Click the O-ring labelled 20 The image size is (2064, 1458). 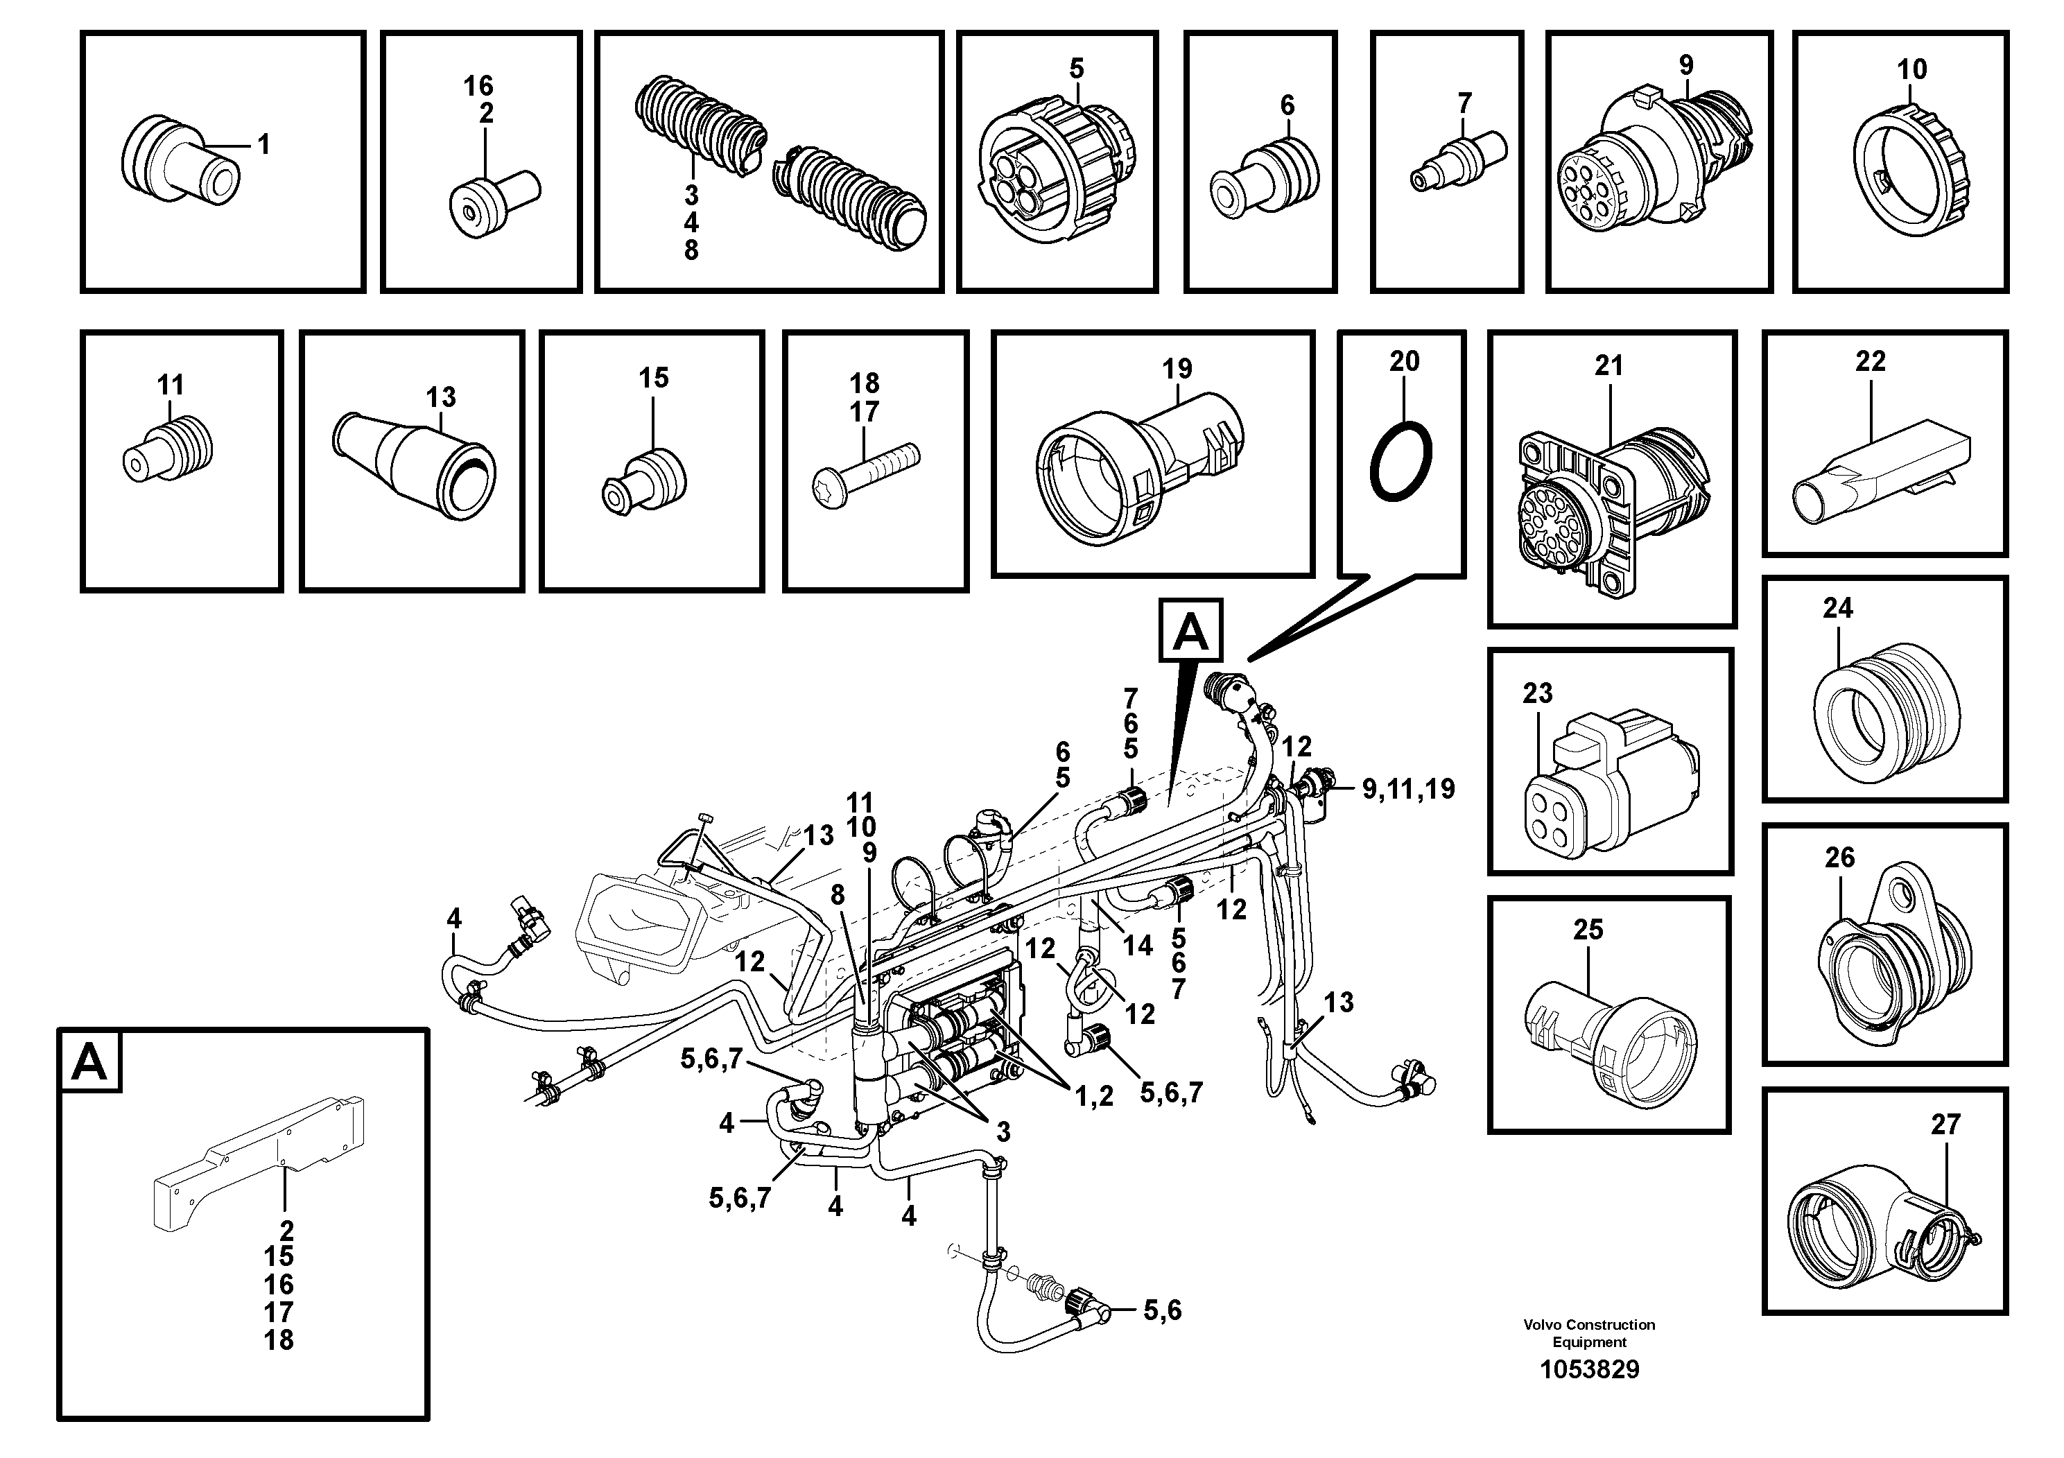tap(1400, 460)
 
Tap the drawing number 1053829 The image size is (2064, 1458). tap(1588, 1369)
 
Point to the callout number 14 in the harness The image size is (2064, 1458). tap(1137, 945)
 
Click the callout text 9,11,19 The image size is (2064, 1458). tap(1407, 789)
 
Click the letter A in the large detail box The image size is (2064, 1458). tap(90, 1063)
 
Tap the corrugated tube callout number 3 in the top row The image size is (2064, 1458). tap(691, 194)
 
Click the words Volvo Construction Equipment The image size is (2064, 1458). tap(1588, 1333)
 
